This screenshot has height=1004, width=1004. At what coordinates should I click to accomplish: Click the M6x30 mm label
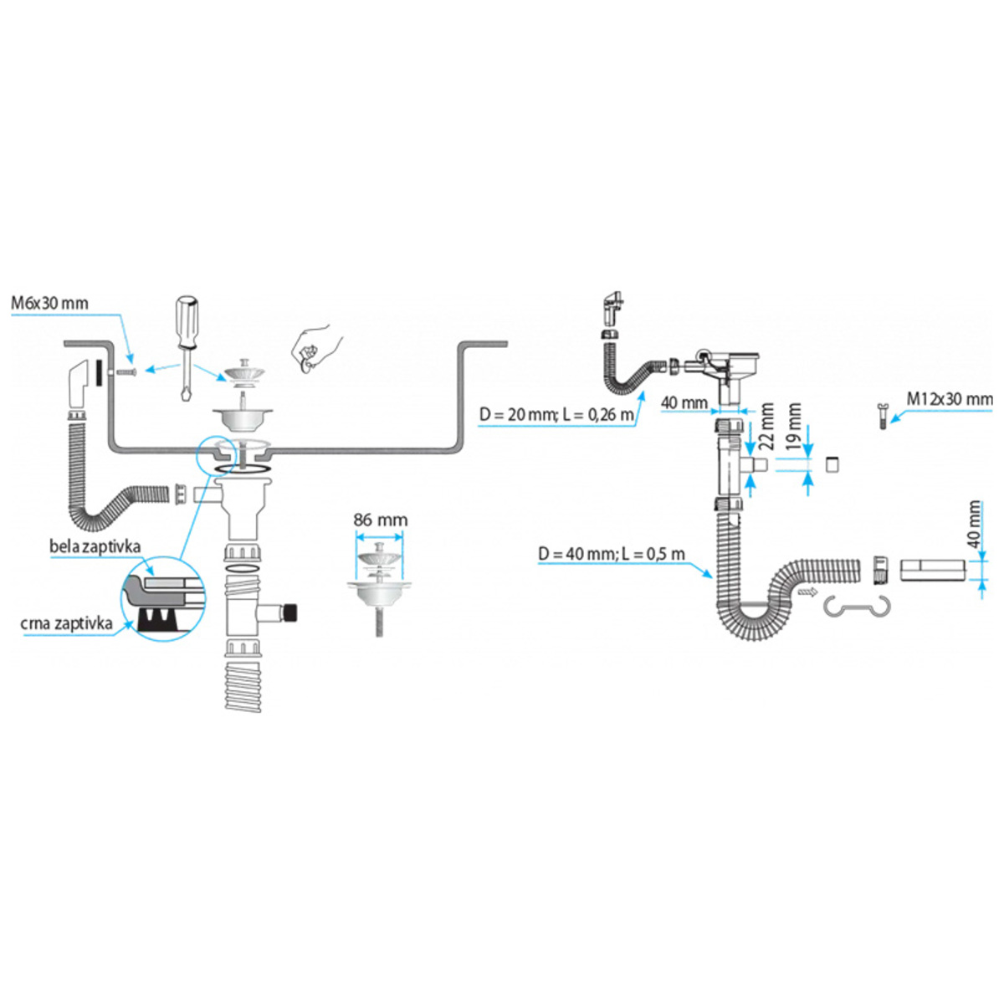(49, 303)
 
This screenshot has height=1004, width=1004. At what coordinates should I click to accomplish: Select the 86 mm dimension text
(380, 520)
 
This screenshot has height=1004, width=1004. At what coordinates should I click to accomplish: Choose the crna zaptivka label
(66, 623)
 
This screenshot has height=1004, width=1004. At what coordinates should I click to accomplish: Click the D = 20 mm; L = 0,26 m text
(556, 414)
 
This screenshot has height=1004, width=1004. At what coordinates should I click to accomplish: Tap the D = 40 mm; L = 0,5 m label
(611, 554)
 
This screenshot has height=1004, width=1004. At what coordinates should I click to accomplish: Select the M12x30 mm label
(949, 399)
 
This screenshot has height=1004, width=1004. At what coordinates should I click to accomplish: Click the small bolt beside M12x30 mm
(879, 415)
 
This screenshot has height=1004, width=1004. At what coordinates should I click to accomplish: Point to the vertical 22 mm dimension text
(766, 426)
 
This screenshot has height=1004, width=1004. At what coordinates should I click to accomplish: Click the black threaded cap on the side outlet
(290, 612)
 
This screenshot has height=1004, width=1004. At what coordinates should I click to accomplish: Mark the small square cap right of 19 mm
(832, 465)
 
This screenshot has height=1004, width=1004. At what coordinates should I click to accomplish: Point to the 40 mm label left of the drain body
(684, 403)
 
